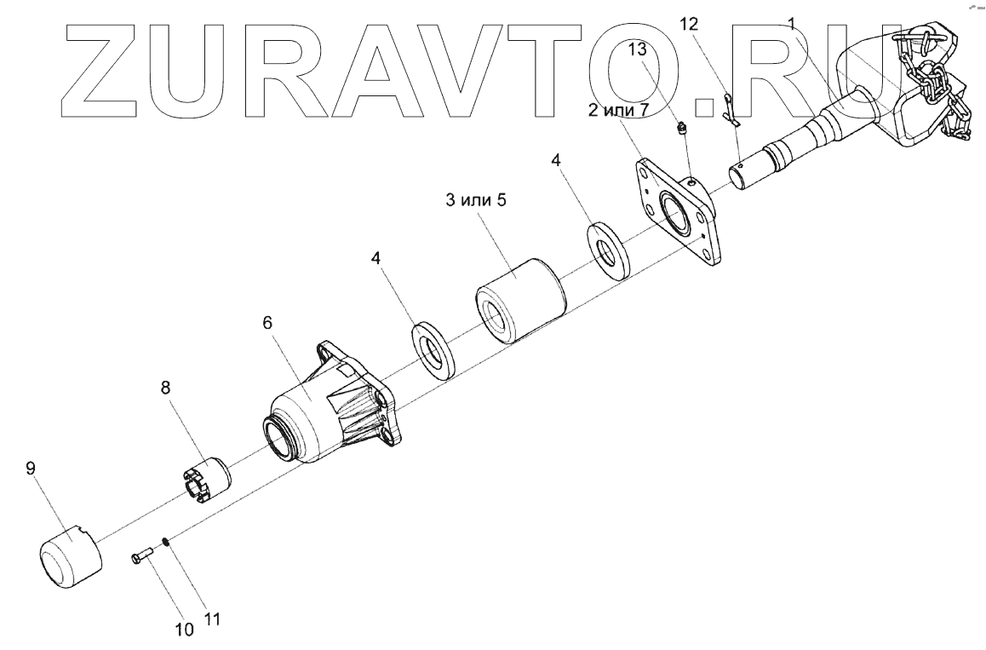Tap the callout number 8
tap(166, 388)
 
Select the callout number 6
tap(267, 324)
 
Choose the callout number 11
tap(213, 620)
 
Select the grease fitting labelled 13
tap(680, 129)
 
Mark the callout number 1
tap(793, 25)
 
